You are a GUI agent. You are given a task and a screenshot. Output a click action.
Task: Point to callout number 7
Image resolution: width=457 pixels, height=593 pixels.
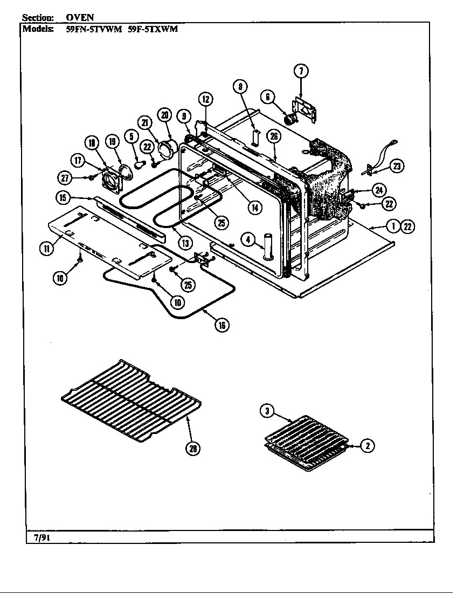[301, 71]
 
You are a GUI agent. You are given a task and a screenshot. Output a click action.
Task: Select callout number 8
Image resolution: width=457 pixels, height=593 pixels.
[240, 86]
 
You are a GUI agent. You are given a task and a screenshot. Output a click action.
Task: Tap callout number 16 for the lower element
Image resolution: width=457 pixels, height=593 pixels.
[221, 325]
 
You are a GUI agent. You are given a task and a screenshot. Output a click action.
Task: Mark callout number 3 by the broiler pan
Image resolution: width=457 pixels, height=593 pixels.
[266, 411]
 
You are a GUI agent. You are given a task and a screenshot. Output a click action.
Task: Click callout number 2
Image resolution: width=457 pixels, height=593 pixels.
[367, 445]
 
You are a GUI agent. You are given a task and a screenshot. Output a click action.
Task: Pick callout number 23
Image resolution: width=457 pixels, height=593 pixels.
[396, 166]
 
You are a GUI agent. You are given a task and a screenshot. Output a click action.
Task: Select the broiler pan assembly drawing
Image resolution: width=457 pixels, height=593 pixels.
[304, 442]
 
